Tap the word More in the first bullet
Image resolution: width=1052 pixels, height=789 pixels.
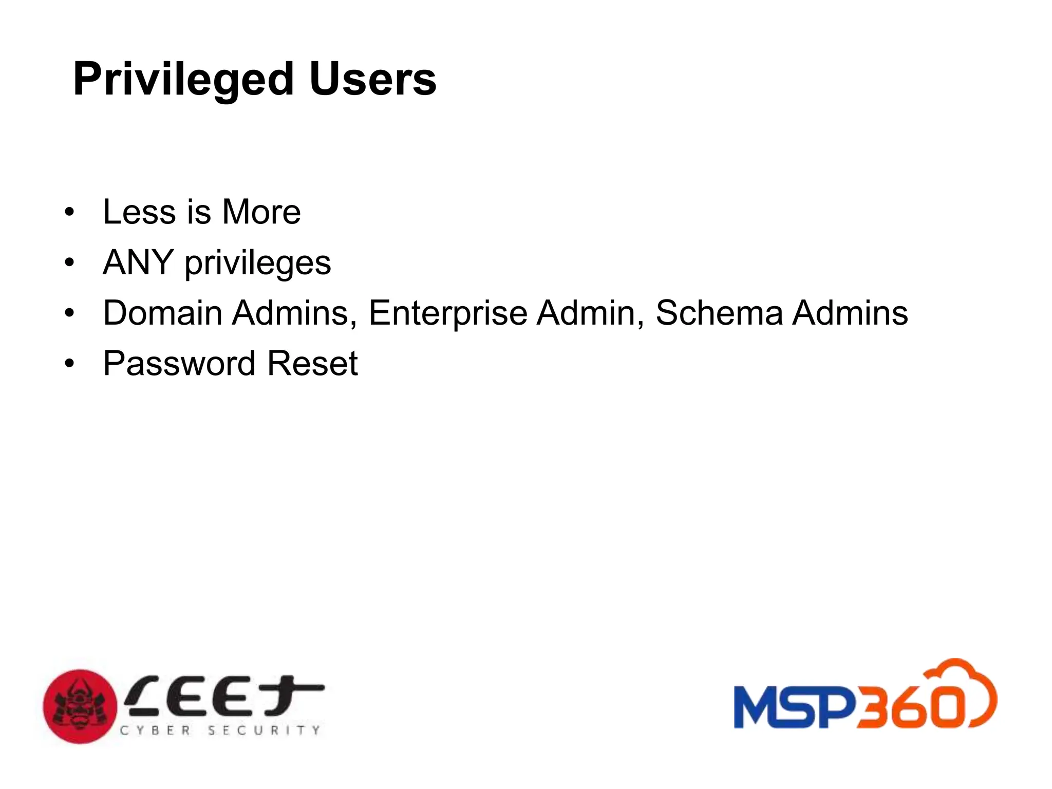tap(261, 212)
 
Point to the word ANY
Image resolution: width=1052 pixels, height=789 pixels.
tap(138, 262)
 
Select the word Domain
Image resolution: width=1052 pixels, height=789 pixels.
tap(162, 313)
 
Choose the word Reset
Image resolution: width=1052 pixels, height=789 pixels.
tap(312, 364)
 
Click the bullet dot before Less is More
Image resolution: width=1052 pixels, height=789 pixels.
tap(69, 212)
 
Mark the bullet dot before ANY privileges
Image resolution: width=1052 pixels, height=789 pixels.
tap(69, 263)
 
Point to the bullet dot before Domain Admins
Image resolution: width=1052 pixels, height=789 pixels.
tap(69, 313)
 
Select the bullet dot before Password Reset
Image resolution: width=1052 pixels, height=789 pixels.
tap(69, 364)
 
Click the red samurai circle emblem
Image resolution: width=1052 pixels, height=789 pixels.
tap(80, 706)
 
